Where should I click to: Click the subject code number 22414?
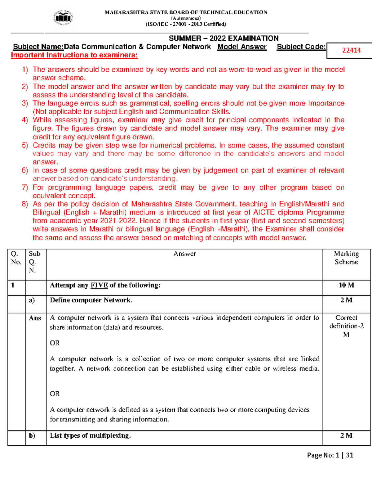point(351,50)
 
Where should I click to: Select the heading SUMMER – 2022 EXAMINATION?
point(224,38)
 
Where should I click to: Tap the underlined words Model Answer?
point(242,47)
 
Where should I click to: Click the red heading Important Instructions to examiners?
point(74,55)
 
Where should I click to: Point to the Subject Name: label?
point(38,47)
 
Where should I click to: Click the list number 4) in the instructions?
point(25,120)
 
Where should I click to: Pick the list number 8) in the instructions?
point(25,204)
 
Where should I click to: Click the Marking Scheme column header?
point(346,258)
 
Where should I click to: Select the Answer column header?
point(184,254)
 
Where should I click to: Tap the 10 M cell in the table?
point(346,285)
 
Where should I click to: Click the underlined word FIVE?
point(99,285)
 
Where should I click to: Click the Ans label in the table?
point(35,318)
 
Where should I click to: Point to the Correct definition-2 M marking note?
point(346,326)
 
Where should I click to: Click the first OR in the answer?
point(55,343)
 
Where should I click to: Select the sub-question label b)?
point(32,435)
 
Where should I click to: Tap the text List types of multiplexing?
point(90,435)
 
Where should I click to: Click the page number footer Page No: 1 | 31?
point(330,455)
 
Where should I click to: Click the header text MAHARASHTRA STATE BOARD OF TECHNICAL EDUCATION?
point(186,12)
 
